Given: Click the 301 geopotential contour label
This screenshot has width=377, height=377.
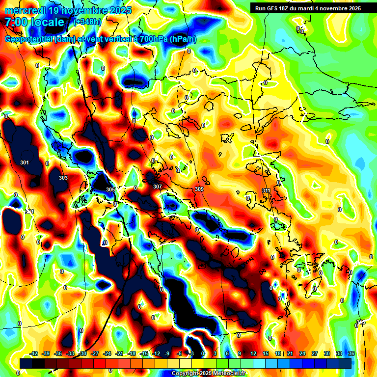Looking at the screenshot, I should coord(25,162).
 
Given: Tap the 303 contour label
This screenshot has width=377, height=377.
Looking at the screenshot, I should coord(63,178).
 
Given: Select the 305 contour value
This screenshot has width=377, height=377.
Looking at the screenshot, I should coord(110,189).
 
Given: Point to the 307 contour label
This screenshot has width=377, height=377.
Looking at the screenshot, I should coord(157,187).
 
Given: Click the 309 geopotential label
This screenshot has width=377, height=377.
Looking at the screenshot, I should coord(199,189).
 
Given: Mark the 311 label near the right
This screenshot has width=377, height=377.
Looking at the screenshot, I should coord(266,190).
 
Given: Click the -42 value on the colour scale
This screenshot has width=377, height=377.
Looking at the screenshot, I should coord(34,353).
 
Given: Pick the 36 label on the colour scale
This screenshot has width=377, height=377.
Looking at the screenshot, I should coord(351,353).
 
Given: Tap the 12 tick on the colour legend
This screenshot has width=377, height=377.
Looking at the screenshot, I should coord(253,353).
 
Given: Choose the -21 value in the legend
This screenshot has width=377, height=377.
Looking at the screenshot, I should coord(119,353).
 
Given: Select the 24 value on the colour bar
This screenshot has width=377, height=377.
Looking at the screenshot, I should coord(302,353).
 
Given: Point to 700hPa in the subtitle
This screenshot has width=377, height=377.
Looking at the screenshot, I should coord(153,39).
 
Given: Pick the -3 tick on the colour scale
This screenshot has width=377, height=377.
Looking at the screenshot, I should coord(191,353).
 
